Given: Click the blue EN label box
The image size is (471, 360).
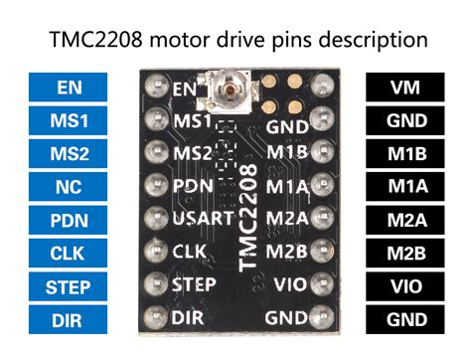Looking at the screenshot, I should (x=69, y=88).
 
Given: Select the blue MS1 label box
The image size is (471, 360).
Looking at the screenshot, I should (x=69, y=121).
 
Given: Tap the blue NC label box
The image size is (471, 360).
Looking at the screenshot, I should (x=69, y=187).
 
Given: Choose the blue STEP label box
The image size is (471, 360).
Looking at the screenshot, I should (x=69, y=287).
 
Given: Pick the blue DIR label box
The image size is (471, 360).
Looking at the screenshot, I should (x=69, y=320).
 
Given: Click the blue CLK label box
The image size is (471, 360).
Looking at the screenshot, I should (x=69, y=254).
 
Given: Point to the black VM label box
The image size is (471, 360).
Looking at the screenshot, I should (x=402, y=88).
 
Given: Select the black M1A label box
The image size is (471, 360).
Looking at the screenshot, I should (x=402, y=187).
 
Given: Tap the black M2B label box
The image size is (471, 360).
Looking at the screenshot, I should (x=402, y=254).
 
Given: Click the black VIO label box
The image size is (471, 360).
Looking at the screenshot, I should (x=402, y=287).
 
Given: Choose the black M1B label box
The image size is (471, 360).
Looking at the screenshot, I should (x=402, y=154).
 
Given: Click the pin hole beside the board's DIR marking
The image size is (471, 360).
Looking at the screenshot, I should (x=153, y=319).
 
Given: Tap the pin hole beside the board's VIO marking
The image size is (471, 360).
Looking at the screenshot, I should (x=320, y=283).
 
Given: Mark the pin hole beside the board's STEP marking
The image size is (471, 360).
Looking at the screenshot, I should (x=153, y=285).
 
